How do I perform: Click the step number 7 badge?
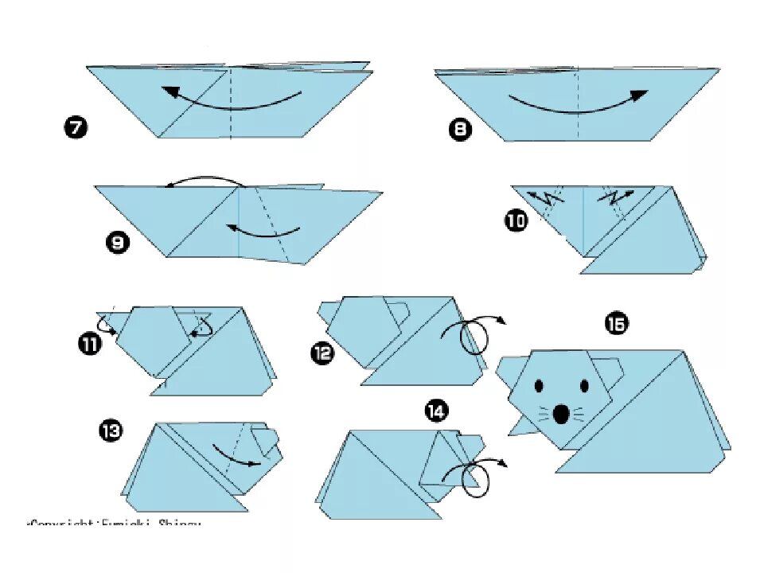[76, 127]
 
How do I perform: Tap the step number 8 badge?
[460, 130]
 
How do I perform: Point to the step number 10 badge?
[516, 220]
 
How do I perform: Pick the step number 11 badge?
[90, 345]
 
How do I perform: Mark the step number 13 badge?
[111, 431]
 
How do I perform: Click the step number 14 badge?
[435, 411]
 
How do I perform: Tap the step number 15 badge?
[616, 323]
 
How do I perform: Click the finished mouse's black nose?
[561, 414]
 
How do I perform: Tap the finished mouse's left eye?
[539, 387]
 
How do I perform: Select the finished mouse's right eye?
[585, 387]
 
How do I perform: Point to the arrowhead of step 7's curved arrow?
[169, 91]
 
